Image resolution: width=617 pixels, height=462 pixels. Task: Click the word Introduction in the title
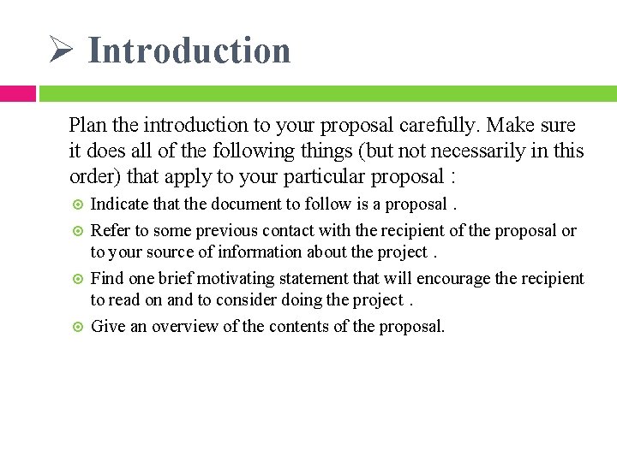tap(189, 50)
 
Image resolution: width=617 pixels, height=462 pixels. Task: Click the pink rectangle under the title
tap(17, 93)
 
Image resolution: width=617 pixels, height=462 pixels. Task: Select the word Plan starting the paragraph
tap(88, 125)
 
